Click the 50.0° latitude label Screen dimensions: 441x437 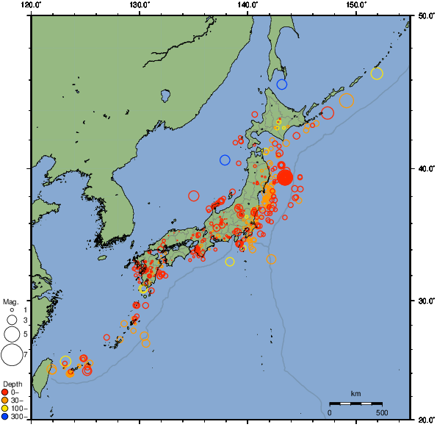[425, 15]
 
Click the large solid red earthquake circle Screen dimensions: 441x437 [285, 177]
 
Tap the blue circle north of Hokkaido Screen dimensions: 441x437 [281, 85]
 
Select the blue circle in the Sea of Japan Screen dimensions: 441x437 [225, 160]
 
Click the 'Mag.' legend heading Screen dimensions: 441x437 [10, 301]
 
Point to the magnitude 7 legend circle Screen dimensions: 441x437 [11, 355]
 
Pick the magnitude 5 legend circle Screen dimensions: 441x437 [11, 334]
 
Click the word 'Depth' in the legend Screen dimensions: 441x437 [12, 384]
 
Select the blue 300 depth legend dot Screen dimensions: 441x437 [5, 417]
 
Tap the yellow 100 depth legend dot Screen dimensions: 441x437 [5, 409]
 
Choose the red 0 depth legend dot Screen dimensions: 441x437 [5, 392]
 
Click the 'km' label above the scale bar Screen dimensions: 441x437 [355, 392]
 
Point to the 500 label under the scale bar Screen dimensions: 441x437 [382, 412]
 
